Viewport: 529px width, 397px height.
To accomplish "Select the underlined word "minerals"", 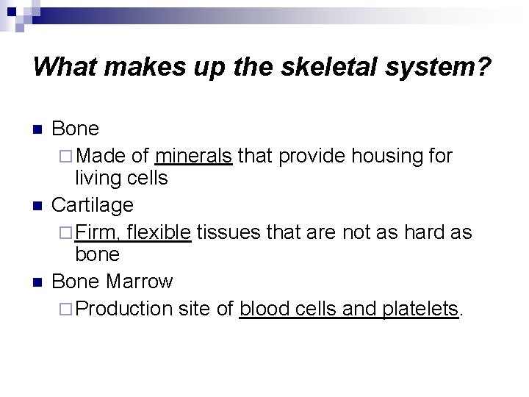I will point(193,155).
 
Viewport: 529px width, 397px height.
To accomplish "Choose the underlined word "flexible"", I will point(159,232).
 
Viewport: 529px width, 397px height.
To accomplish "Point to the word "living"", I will point(98,179).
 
